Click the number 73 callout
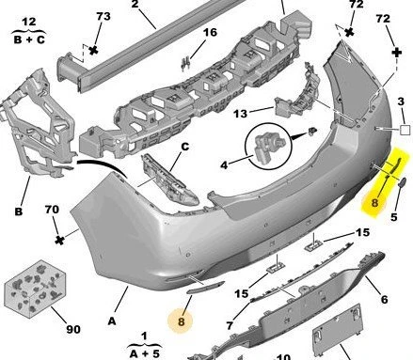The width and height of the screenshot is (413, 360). tap(103, 16)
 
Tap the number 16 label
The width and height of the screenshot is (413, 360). tap(210, 32)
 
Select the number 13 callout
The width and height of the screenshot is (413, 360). tap(240, 114)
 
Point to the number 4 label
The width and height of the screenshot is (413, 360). tap(224, 164)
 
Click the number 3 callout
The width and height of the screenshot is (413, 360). tap(401, 102)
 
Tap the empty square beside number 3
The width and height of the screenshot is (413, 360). tap(405, 130)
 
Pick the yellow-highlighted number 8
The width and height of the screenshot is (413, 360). tap(374, 203)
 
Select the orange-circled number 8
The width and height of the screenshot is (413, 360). tap(181, 321)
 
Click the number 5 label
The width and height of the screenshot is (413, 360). tap(394, 217)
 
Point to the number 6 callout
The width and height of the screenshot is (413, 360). tap(384, 300)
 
